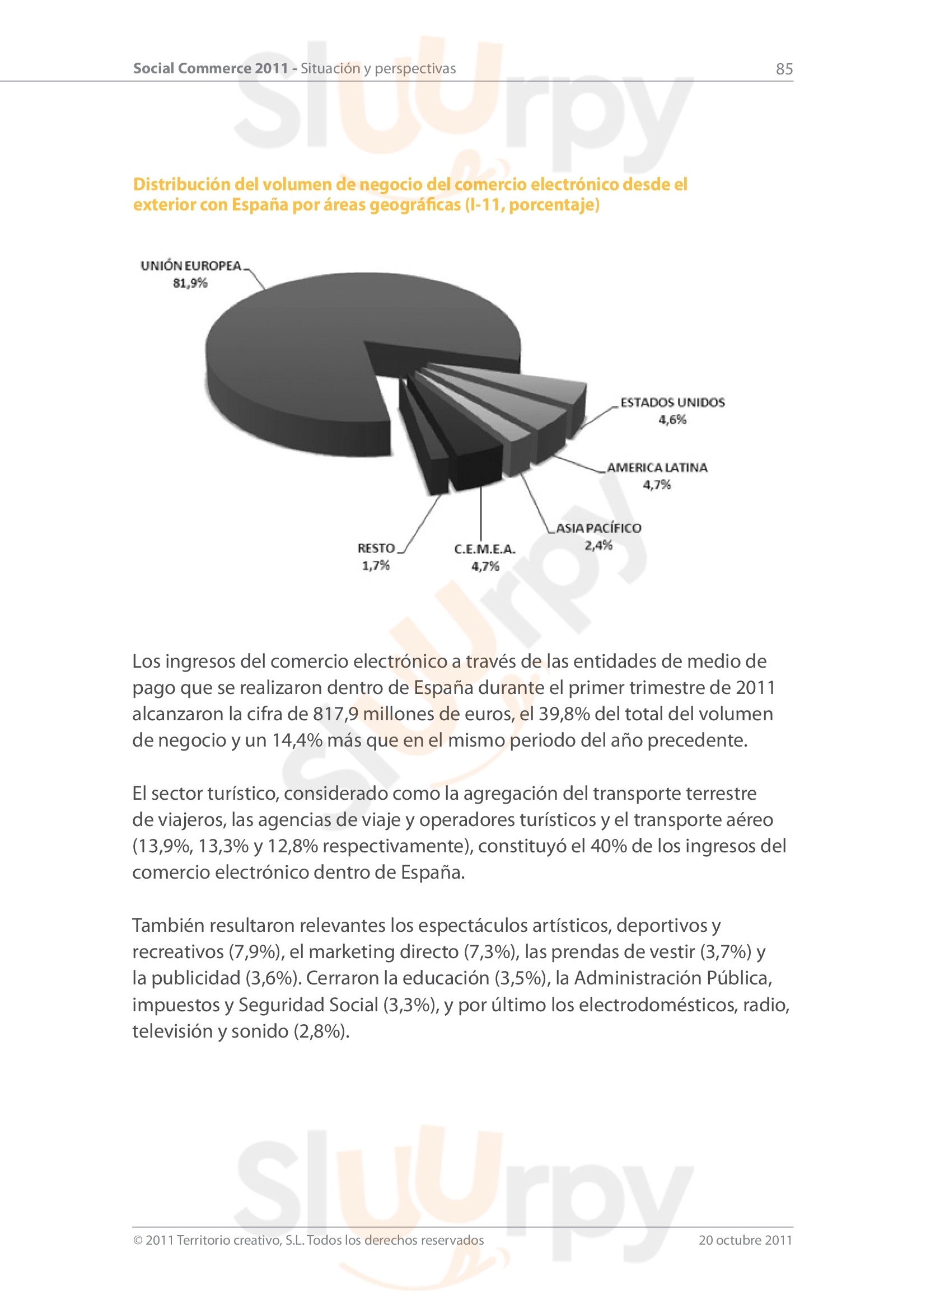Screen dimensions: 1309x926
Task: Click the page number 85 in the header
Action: pyautogui.click(x=784, y=69)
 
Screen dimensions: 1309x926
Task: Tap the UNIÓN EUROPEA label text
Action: pyautogui.click(x=191, y=266)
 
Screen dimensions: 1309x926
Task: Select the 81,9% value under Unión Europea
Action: pyautogui.click(x=190, y=283)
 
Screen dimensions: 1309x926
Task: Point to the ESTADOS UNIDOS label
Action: pyautogui.click(x=672, y=402)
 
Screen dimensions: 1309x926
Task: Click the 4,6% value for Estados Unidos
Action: pyautogui.click(x=672, y=420)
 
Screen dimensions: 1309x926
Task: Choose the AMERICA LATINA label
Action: pyautogui.click(x=657, y=468)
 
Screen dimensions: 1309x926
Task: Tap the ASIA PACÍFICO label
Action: pyautogui.click(x=598, y=528)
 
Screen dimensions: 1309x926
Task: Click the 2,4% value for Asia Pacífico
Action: pyautogui.click(x=598, y=546)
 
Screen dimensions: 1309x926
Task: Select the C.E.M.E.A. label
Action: pyautogui.click(x=485, y=549)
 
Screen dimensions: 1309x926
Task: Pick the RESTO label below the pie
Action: pyautogui.click(x=376, y=548)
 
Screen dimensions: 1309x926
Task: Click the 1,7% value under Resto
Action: pyautogui.click(x=376, y=566)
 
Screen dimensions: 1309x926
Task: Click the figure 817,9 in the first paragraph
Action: pyautogui.click(x=335, y=714)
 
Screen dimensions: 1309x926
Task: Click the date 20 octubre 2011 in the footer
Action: pyautogui.click(x=745, y=1240)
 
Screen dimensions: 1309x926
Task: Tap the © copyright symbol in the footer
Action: pyautogui.click(x=137, y=1241)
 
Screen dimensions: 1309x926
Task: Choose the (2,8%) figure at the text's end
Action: pyautogui.click(x=321, y=1031)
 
